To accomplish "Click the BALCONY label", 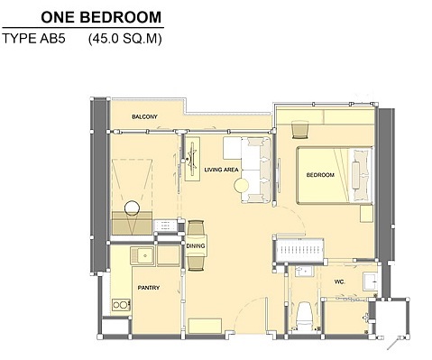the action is [144, 116].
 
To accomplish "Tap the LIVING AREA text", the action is [221, 170].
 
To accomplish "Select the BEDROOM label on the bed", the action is [320, 175].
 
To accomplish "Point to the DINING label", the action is [196, 246].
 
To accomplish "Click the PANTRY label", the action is [149, 288].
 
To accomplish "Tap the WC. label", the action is [340, 282].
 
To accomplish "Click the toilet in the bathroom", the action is [304, 316].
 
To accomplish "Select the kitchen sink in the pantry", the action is [142, 256].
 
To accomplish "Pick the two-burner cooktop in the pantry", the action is [121, 305].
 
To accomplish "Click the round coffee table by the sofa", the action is [241, 186].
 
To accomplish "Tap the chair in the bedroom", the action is [300, 130].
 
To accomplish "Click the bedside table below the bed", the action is [366, 214].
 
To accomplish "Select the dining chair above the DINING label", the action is [196, 228].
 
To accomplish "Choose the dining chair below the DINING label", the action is [196, 263].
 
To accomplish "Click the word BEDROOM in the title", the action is [121, 17].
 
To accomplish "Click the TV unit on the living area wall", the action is [192, 159].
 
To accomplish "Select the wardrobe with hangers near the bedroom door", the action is [299, 250].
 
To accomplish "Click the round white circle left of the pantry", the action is [132, 208].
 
